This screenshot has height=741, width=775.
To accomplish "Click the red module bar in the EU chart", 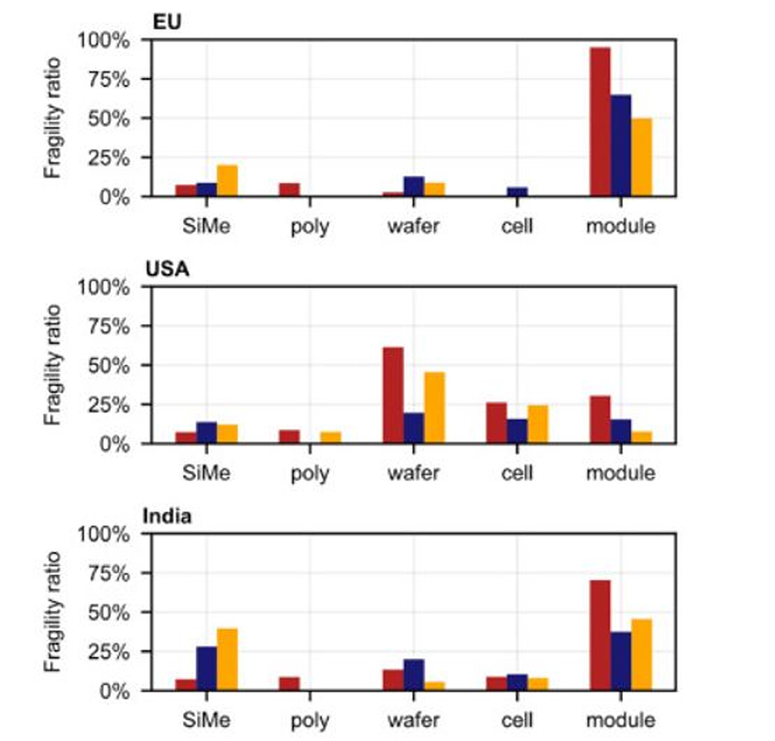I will coord(600,122).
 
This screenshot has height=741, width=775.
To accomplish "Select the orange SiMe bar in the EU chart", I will coord(227,181).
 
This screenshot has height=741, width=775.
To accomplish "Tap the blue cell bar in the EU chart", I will coord(517,192).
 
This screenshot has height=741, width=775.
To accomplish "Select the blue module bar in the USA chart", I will coord(620,431).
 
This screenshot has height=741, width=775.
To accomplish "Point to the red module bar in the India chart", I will coord(600,635).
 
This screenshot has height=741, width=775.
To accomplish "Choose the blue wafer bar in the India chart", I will coord(413,675).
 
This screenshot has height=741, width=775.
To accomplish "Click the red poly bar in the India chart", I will coord(290,684).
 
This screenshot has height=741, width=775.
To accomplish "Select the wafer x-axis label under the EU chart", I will coord(413,226).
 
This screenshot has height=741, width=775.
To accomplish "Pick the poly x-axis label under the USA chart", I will coord(310,473).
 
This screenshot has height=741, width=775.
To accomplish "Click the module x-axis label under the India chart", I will coord(620,720).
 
